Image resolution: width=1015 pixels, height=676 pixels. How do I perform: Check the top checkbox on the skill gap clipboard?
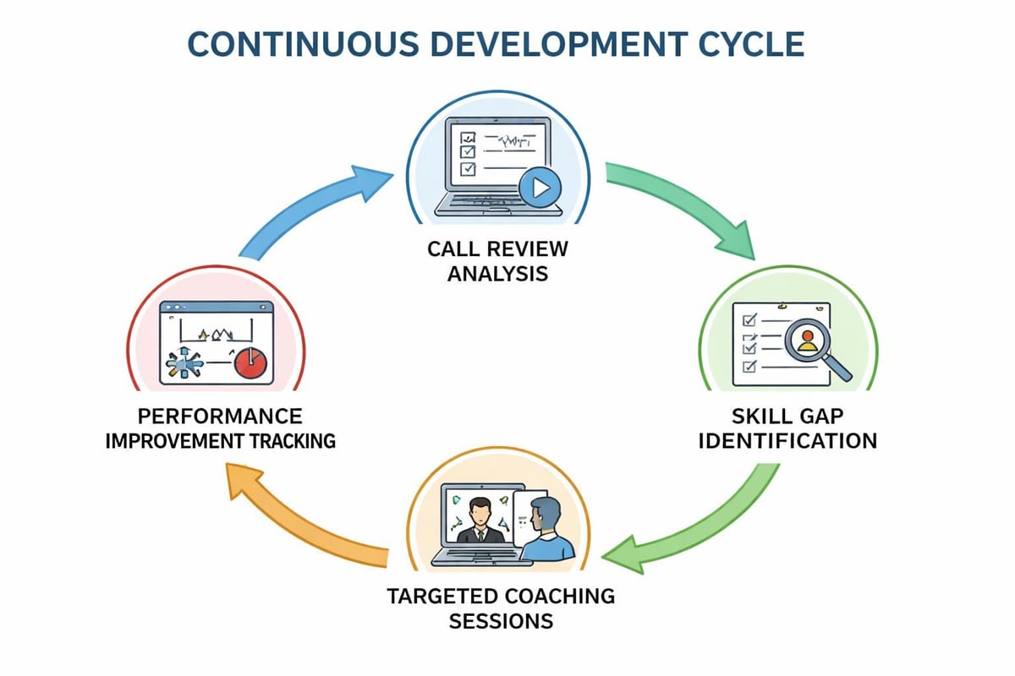[x=748, y=320]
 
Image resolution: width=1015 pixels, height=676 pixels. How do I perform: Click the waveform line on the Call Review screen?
[x=507, y=139]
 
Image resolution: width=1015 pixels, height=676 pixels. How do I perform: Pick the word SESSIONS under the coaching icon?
[x=501, y=621]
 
